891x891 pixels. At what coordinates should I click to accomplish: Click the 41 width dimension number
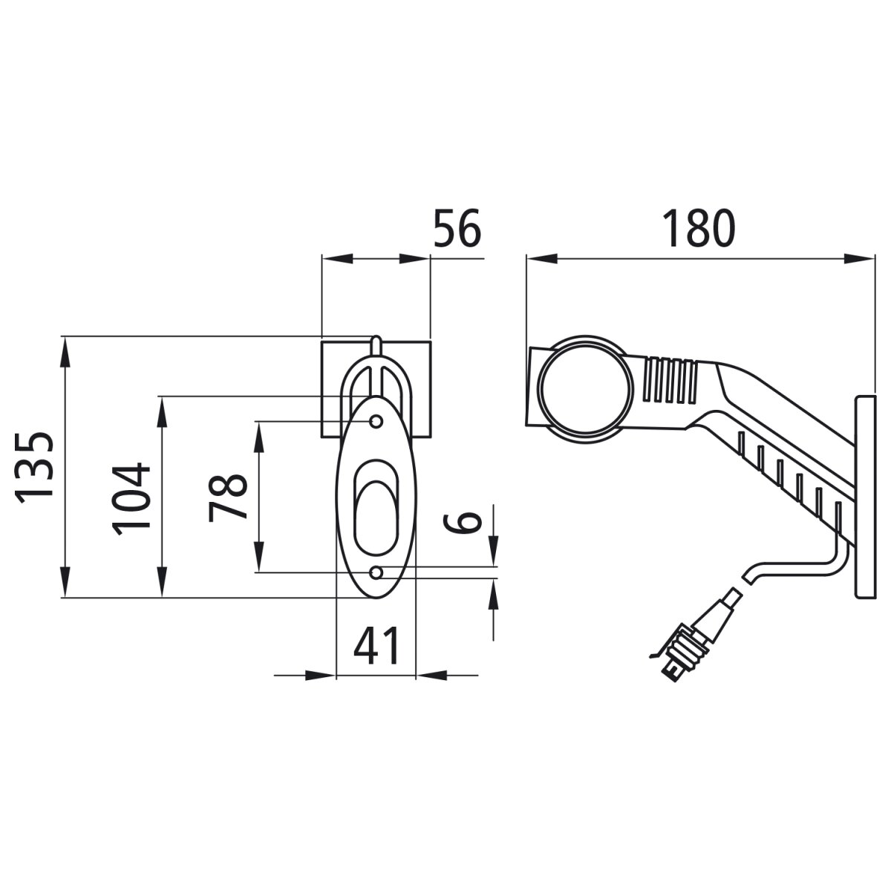click(x=376, y=645)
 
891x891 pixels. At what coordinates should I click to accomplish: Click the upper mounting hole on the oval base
click(x=376, y=422)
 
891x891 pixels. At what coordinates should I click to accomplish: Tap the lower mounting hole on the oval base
click(x=377, y=572)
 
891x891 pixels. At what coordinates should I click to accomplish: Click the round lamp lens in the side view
click(x=587, y=390)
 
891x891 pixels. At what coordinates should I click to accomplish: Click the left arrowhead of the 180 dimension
click(x=541, y=258)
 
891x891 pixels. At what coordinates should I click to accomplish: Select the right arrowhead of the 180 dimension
click(x=859, y=258)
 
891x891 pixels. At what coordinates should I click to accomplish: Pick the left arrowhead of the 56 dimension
click(x=336, y=258)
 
